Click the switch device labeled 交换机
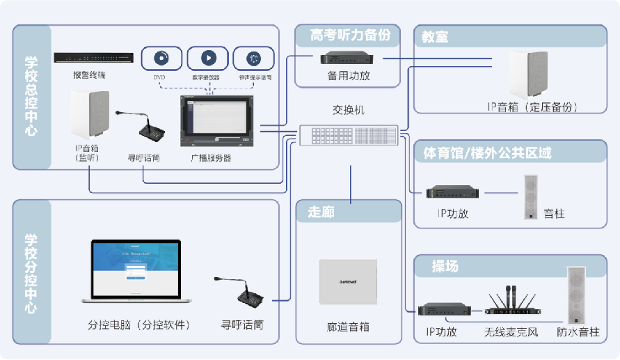pyautogui.click(x=349, y=136)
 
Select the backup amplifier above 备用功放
pyautogui.click(x=349, y=58)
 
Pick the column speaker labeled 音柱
pyautogui.click(x=532, y=196)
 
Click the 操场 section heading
pyautogui.click(x=445, y=267)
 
